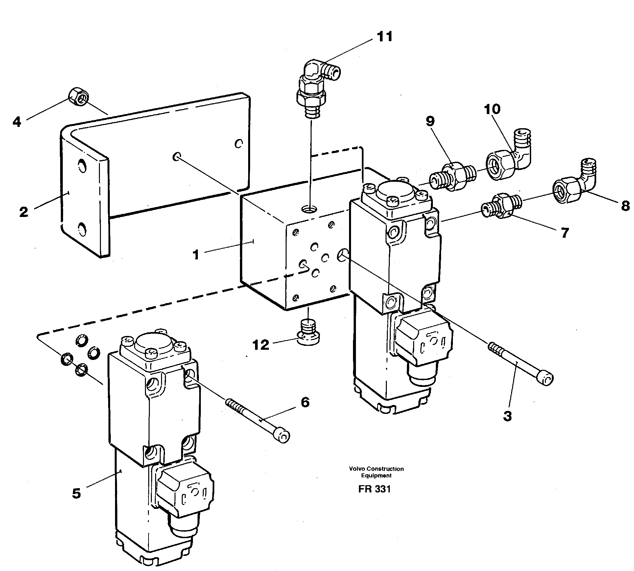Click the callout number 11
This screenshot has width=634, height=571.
click(x=384, y=37)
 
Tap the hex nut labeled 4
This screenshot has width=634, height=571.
click(x=78, y=97)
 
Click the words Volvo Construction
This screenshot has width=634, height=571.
click(x=377, y=469)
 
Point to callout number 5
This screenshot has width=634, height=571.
click(x=76, y=493)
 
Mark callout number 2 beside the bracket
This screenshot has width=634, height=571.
click(x=24, y=212)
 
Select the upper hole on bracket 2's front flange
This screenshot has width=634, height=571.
click(x=81, y=165)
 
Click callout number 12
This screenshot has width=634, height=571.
click(x=261, y=345)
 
